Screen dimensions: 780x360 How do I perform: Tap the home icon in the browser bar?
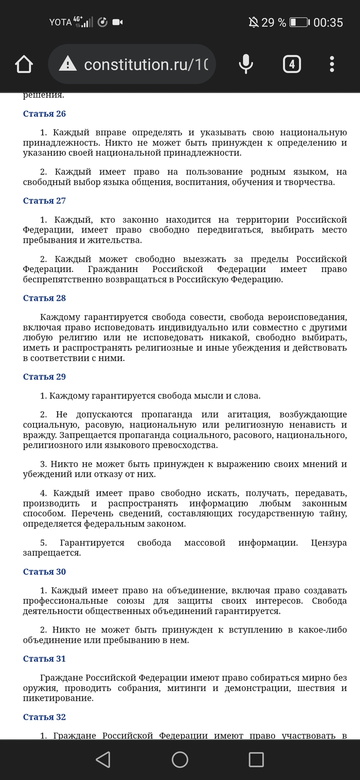(x=24, y=65)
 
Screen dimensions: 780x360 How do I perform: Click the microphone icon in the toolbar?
(x=246, y=64)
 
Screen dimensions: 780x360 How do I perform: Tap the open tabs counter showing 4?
(x=292, y=64)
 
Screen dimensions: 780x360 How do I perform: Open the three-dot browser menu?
(x=332, y=64)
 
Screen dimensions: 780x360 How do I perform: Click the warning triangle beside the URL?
(x=67, y=64)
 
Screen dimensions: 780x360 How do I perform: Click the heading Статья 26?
(x=45, y=114)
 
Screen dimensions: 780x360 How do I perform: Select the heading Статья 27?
(x=45, y=201)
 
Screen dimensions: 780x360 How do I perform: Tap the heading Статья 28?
(x=45, y=298)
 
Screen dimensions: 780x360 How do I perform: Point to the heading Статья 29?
(x=45, y=377)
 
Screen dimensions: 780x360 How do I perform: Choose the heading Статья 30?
(x=45, y=572)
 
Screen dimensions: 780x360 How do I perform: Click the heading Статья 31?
(x=45, y=659)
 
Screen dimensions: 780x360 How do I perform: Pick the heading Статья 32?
(x=45, y=717)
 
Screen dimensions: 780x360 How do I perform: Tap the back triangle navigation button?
(x=103, y=759)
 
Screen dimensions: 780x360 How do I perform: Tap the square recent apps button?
(x=256, y=759)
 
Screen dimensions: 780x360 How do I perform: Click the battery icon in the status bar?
(x=299, y=22)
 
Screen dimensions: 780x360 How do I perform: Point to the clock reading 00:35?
(x=328, y=22)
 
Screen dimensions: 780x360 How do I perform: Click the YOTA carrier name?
(x=61, y=22)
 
